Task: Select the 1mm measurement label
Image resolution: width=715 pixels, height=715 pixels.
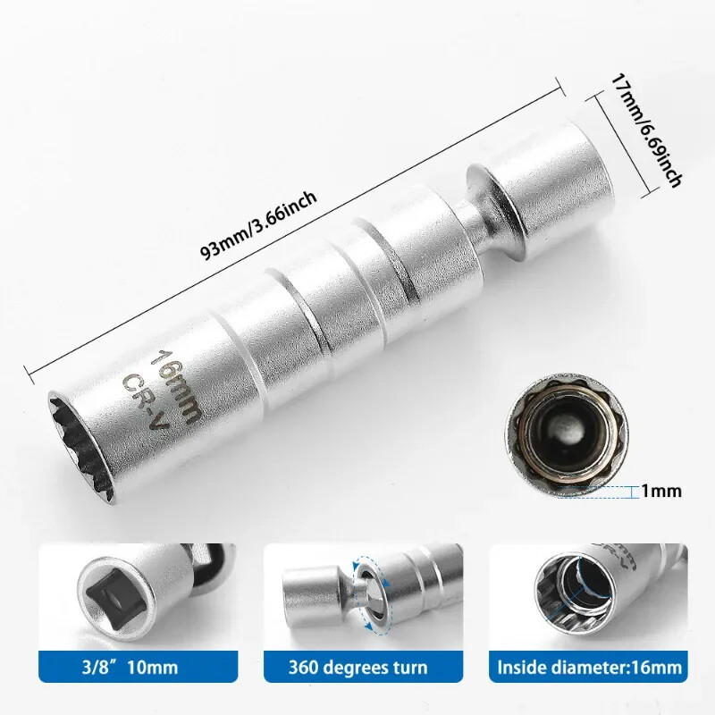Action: (660, 491)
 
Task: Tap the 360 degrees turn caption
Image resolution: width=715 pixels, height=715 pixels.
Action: (357, 667)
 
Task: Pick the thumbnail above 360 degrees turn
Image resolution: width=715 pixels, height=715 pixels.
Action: (357, 594)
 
